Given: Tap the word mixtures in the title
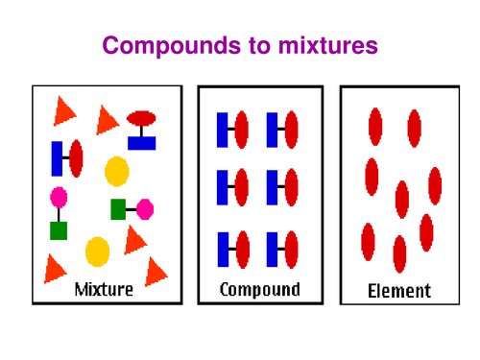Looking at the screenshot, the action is tap(327, 46).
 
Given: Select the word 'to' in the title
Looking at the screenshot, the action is tap(248, 46).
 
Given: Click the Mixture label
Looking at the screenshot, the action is tap(104, 288).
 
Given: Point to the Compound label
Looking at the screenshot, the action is tap(259, 288).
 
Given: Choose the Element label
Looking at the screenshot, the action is tap(399, 290).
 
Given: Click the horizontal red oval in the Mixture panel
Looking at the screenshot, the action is tap(141, 118).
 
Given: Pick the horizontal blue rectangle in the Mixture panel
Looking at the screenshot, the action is tap(141, 143).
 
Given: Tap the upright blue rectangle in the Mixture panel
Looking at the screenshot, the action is tap(58, 158).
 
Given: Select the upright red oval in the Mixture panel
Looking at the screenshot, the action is tap(76, 158).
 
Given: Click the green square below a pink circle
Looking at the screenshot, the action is tap(59, 230).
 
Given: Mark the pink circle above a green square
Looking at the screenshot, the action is tap(59, 198).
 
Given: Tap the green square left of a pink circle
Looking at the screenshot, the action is tap(118, 208).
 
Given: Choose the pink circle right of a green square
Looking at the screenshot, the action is tap(145, 208).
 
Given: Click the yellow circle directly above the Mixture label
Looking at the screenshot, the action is tap(98, 252).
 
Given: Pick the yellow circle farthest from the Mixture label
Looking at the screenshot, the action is tap(117, 171).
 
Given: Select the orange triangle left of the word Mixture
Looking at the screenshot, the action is tap(55, 269).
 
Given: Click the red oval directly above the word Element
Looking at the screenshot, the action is tap(400, 254).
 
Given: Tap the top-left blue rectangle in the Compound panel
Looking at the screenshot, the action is tap(223, 130).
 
